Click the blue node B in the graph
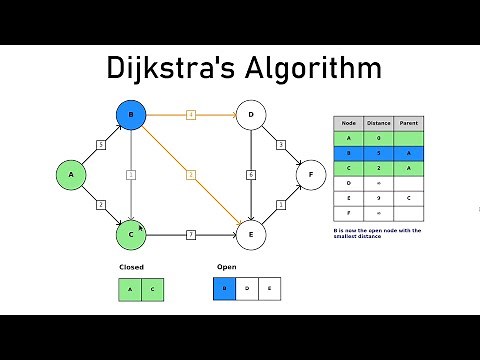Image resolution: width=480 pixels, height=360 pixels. [x=130, y=116]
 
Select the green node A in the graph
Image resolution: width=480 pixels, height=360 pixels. [x=71, y=175]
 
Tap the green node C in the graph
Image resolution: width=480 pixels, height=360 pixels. [x=130, y=235]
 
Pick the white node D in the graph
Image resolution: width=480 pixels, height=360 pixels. [x=250, y=116]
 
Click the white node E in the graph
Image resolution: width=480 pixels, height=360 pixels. [x=250, y=235]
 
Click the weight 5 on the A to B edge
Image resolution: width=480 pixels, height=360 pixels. [x=101, y=145]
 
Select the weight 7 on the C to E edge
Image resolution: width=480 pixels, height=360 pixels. [x=190, y=235]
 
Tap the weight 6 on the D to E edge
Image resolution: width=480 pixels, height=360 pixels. [x=250, y=175]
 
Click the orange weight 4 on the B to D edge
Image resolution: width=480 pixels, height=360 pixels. [x=190, y=116]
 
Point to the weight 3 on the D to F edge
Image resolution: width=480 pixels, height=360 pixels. [x=281, y=145]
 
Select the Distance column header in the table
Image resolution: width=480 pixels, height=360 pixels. [x=379, y=123]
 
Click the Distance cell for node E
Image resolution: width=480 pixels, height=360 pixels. [x=379, y=199]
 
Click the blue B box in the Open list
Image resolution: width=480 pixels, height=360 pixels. [x=226, y=290]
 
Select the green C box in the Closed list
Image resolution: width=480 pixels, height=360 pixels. [x=152, y=290]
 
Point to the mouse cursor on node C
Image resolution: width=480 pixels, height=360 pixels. [x=141, y=229]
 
